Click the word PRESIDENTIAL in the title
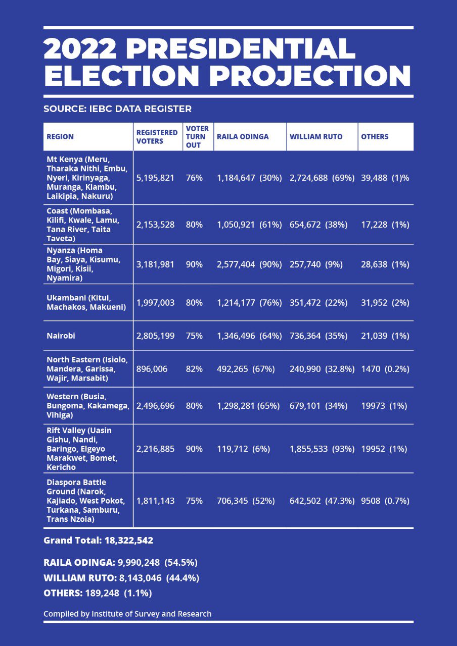[240, 49]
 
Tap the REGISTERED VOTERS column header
[157, 137]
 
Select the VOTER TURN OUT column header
[197, 137]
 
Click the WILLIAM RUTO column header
[316, 137]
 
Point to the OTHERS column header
[375, 137]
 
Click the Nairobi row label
[61, 336]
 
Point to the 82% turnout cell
[194, 369]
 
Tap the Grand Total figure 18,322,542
[128, 541]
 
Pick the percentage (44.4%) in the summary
[181, 578]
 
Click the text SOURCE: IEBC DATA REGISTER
[117, 109]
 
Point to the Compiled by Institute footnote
[127, 614]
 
